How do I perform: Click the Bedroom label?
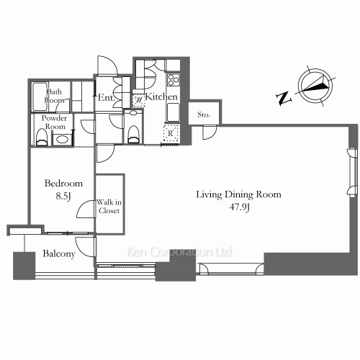pyautogui.click(x=63, y=184)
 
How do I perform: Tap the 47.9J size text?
pyautogui.click(x=239, y=207)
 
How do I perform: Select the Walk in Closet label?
pyautogui.click(x=109, y=207)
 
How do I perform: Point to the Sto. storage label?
pyautogui.click(x=204, y=114)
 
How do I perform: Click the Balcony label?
pyautogui.click(x=59, y=254)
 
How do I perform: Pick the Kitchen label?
pyautogui.click(x=161, y=96)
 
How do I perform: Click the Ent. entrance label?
pyautogui.click(x=106, y=97)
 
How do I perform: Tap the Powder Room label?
pyautogui.click(x=55, y=122)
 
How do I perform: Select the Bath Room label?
pyautogui.click(x=54, y=96)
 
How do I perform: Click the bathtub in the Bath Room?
pyautogui.click(x=40, y=96)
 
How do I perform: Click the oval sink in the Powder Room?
pyautogui.click(x=62, y=140)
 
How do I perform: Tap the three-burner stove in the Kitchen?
pyautogui.click(x=174, y=80)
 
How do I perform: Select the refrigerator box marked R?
pyautogui.click(x=171, y=133)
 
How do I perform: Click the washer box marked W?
pyautogui.click(x=139, y=100)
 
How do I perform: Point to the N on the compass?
pyautogui.click(x=284, y=99)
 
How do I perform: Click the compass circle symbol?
pyautogui.click(x=315, y=86)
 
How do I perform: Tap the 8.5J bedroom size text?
pyautogui.click(x=63, y=197)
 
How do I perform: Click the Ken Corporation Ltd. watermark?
pyautogui.click(x=180, y=252)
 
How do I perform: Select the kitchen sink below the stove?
pyautogui.click(x=173, y=112)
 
